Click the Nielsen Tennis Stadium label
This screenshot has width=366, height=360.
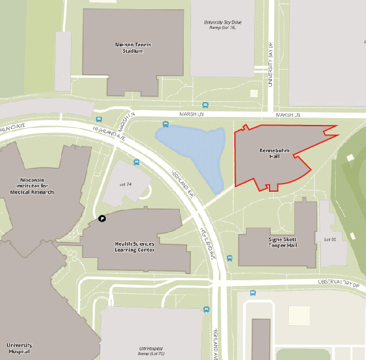click(133, 48)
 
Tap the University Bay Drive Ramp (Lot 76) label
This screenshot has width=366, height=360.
click(220, 25)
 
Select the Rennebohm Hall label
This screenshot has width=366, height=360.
click(270, 153)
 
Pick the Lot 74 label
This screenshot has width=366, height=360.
click(126, 184)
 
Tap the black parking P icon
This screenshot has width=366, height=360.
click(103, 218)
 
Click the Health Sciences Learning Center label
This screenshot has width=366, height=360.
click(135, 247)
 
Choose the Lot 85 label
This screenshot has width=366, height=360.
click(330, 239)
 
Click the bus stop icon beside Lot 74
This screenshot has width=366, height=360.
click(136, 163)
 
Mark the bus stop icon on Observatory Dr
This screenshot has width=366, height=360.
click(252, 293)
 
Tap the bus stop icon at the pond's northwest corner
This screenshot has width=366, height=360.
click(165, 124)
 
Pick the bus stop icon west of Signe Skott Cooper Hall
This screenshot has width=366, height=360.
click(229, 258)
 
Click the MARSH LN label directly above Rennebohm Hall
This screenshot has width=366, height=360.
click(287, 115)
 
